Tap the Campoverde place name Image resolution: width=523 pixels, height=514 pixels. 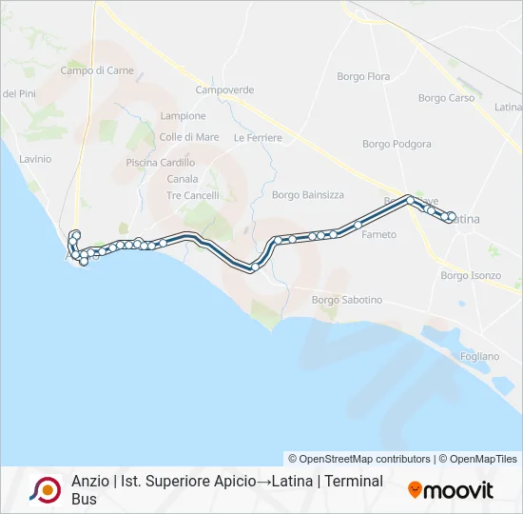(x=224, y=90)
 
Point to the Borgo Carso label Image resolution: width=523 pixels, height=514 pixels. (x=446, y=98)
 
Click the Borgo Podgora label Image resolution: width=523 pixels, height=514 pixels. (x=397, y=145)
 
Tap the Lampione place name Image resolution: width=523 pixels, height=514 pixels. (x=184, y=116)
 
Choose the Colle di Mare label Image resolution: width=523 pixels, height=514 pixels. (x=189, y=137)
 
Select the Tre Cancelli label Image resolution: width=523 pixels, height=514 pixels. (x=193, y=195)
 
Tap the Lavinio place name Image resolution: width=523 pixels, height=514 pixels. (x=35, y=159)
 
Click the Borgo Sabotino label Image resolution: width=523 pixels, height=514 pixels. (x=347, y=301)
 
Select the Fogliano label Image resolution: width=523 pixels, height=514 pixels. (x=478, y=356)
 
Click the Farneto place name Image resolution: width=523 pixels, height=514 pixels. (x=379, y=234)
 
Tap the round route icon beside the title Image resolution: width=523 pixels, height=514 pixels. (x=45, y=489)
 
